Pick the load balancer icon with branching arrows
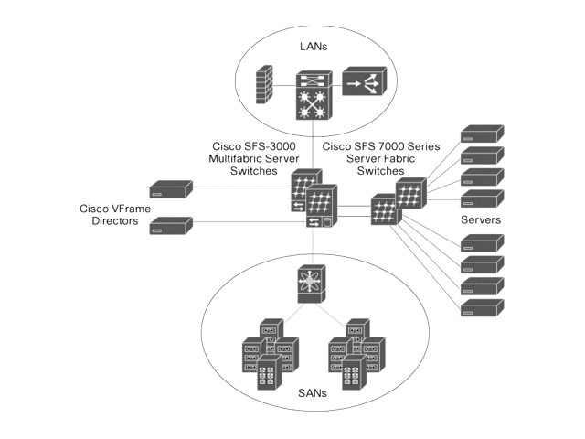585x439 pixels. point(365,85)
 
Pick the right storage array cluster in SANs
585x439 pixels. point(356,356)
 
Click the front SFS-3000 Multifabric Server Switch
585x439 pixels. point(321,211)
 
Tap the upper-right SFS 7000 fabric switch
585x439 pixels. point(409,193)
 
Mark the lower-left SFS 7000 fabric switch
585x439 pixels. point(384,209)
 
